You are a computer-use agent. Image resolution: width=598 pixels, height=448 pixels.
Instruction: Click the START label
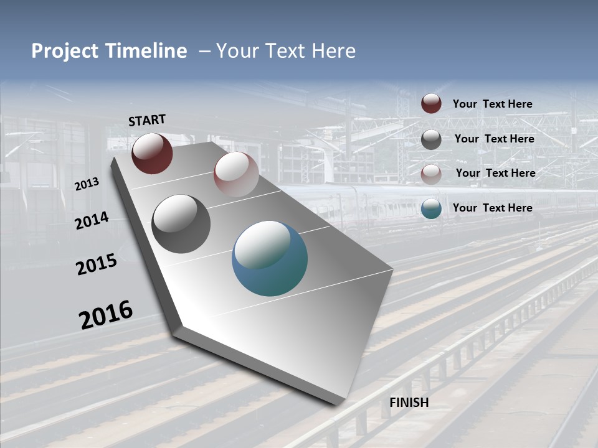click(147, 120)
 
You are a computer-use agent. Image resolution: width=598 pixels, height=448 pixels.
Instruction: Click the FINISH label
click(409, 403)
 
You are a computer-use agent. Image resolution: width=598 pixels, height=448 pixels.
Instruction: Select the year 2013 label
click(87, 184)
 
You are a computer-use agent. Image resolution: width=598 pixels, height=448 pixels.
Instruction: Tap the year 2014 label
click(92, 221)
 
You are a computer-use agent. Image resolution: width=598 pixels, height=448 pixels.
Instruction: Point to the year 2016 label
click(106, 314)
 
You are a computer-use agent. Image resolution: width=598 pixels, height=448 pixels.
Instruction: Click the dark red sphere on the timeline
click(152, 153)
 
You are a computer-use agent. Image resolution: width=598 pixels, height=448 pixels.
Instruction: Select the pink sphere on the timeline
click(236, 174)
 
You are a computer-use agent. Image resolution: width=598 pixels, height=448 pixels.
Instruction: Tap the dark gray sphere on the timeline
click(181, 224)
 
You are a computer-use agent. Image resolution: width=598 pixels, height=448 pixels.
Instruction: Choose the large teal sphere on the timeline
click(270, 259)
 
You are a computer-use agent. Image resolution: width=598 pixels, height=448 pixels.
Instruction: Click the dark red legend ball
click(431, 104)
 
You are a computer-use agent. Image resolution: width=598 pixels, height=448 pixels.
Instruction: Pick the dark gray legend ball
click(431, 139)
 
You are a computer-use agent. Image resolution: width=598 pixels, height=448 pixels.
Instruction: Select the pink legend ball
click(431, 174)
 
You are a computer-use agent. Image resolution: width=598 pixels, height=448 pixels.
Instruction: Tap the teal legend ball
click(431, 208)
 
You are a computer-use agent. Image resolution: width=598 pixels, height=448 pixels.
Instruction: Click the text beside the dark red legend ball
click(492, 105)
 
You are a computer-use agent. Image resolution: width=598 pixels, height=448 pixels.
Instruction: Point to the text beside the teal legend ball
click(492, 208)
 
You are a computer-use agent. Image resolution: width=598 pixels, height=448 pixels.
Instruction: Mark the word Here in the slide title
click(333, 51)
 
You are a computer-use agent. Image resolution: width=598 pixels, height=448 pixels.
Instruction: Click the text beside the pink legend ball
click(495, 173)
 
